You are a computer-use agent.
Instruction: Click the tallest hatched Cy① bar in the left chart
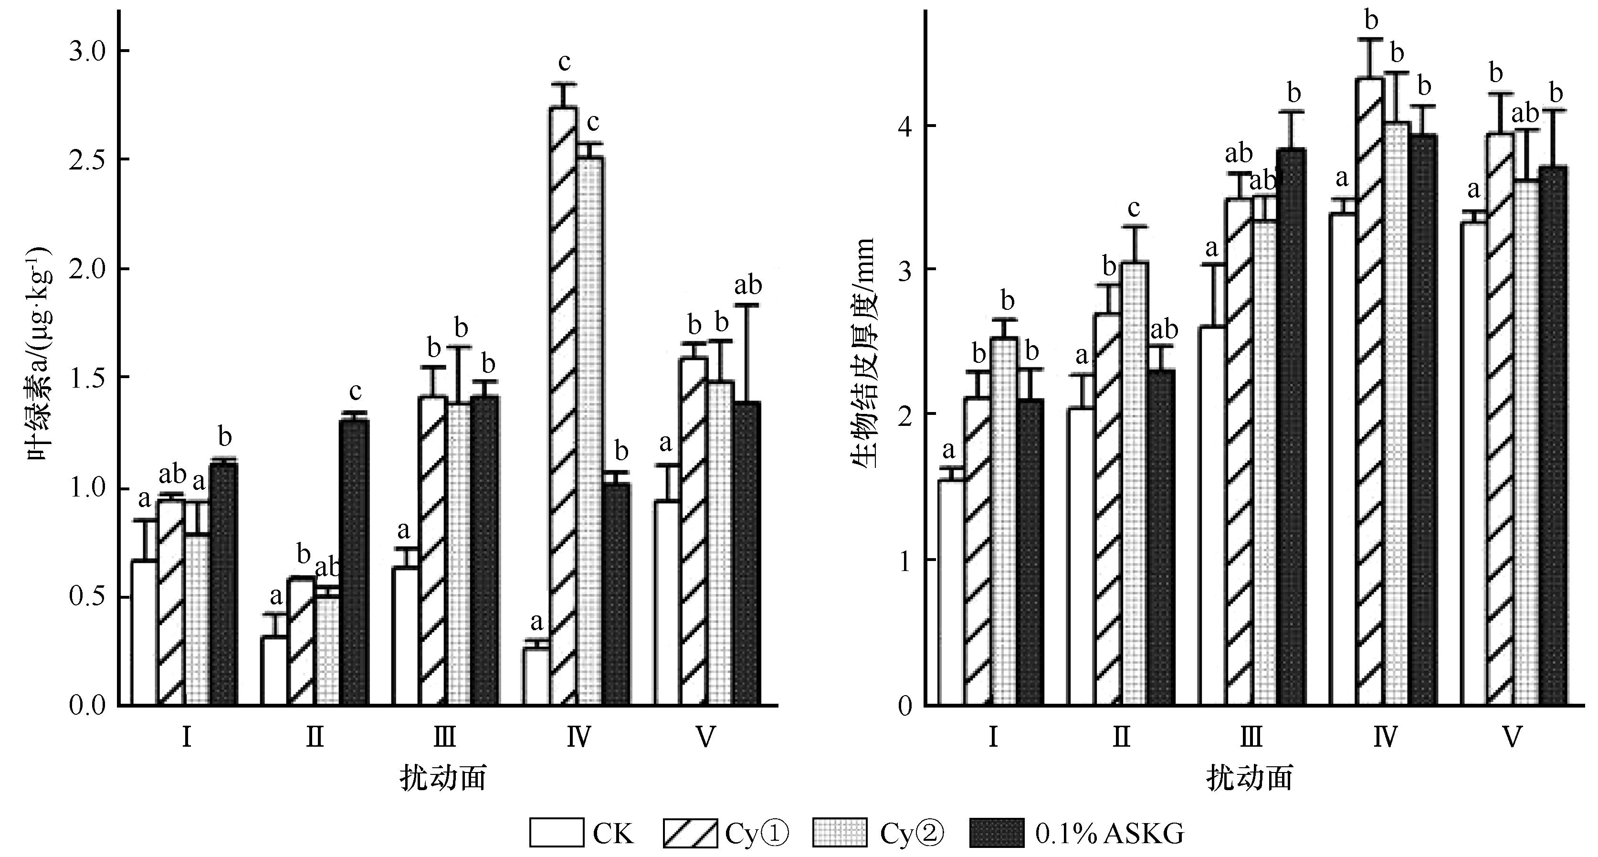pyautogui.click(x=563, y=406)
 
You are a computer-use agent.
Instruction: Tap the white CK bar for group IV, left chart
pyautogui.click(x=536, y=676)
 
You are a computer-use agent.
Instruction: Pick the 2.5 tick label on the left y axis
pyautogui.click(x=87, y=159)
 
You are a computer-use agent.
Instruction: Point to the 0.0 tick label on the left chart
pyautogui.click(x=87, y=706)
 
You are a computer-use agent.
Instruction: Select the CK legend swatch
pyautogui.click(x=557, y=833)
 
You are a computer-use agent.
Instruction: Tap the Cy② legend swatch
pyautogui.click(x=839, y=833)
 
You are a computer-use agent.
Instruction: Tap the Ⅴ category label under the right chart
pyautogui.click(x=1513, y=738)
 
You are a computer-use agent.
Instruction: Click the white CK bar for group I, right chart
pyautogui.click(x=951, y=592)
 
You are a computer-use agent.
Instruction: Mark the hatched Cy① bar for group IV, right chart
pyautogui.click(x=1370, y=391)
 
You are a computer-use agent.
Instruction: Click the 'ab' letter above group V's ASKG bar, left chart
pyautogui.click(x=747, y=286)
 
